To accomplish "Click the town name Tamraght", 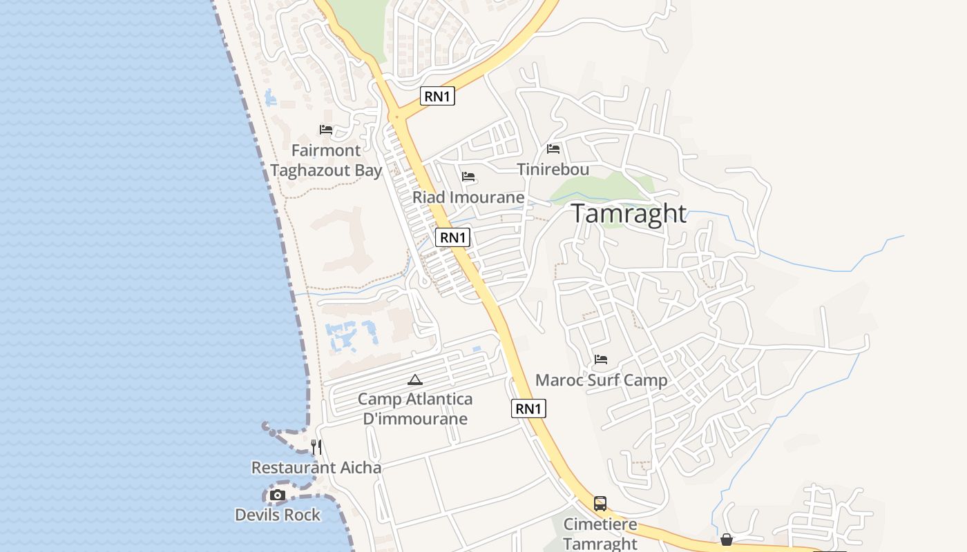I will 629,214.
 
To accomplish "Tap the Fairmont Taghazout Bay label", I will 326,160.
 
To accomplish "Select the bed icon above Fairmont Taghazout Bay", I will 326,130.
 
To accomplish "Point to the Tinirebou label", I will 553,169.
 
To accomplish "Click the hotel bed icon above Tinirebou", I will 553,148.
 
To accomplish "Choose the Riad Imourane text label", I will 468,197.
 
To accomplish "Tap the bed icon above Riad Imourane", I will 468,177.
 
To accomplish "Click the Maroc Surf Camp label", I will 601,380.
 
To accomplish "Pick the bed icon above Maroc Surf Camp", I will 601,359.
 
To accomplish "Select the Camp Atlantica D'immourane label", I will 415,408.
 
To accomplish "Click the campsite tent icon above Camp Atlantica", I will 415,379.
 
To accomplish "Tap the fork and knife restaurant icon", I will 316,447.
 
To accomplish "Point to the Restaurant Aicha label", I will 316,468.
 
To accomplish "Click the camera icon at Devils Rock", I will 278,495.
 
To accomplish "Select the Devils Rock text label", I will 278,515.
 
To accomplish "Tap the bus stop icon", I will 600,504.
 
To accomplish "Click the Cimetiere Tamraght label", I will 600,533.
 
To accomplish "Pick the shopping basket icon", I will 727,540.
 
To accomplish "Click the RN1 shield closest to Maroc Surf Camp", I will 528,408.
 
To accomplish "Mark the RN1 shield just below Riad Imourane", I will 453,237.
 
